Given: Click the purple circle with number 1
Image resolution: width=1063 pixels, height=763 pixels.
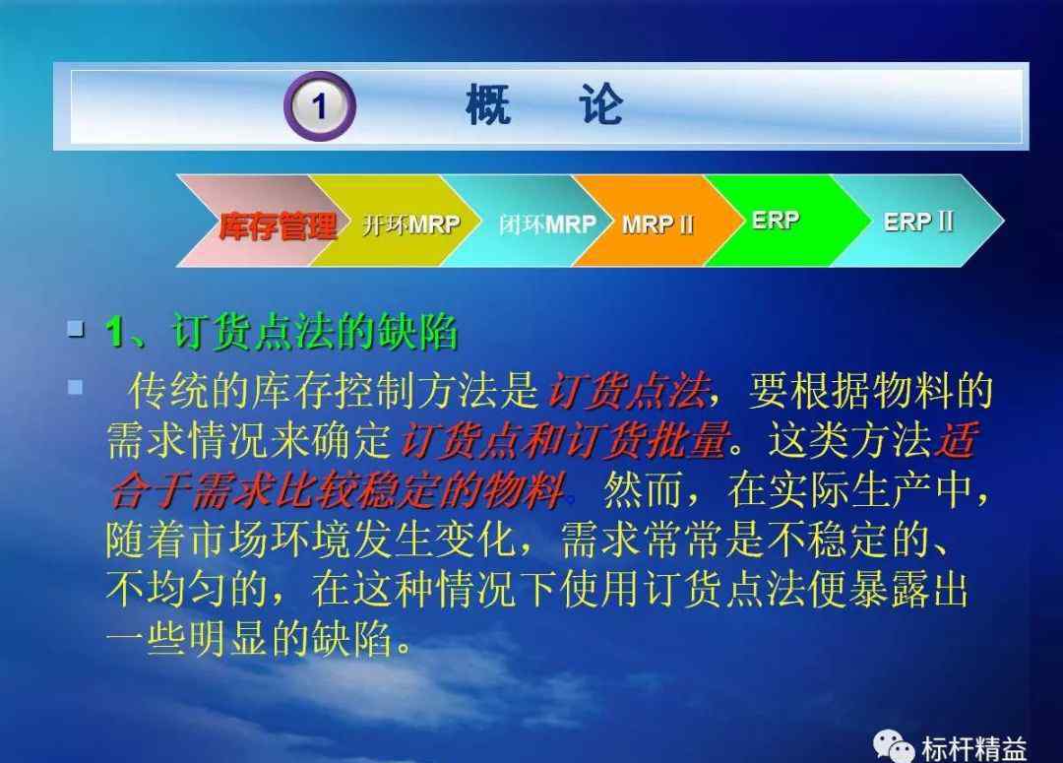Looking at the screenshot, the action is click(x=319, y=105).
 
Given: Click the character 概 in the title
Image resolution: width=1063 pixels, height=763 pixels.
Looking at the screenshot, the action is click(x=488, y=105).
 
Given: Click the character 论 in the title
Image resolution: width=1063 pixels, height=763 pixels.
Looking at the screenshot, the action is click(x=600, y=105).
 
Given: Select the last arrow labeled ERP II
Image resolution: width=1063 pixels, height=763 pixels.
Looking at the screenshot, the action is click(x=922, y=222).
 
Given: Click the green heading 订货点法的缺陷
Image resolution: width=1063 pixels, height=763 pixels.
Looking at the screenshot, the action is click(x=315, y=333).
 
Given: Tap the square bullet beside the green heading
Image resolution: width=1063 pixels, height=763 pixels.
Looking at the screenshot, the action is click(x=76, y=329).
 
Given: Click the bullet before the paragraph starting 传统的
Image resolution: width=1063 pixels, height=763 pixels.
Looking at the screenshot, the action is click(x=75, y=387).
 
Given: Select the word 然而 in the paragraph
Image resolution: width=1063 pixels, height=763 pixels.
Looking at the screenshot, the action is click(x=643, y=489).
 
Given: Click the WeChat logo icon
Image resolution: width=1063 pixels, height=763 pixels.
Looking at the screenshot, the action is click(x=894, y=746).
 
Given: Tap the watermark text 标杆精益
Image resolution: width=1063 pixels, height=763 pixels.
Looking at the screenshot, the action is click(x=973, y=749).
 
